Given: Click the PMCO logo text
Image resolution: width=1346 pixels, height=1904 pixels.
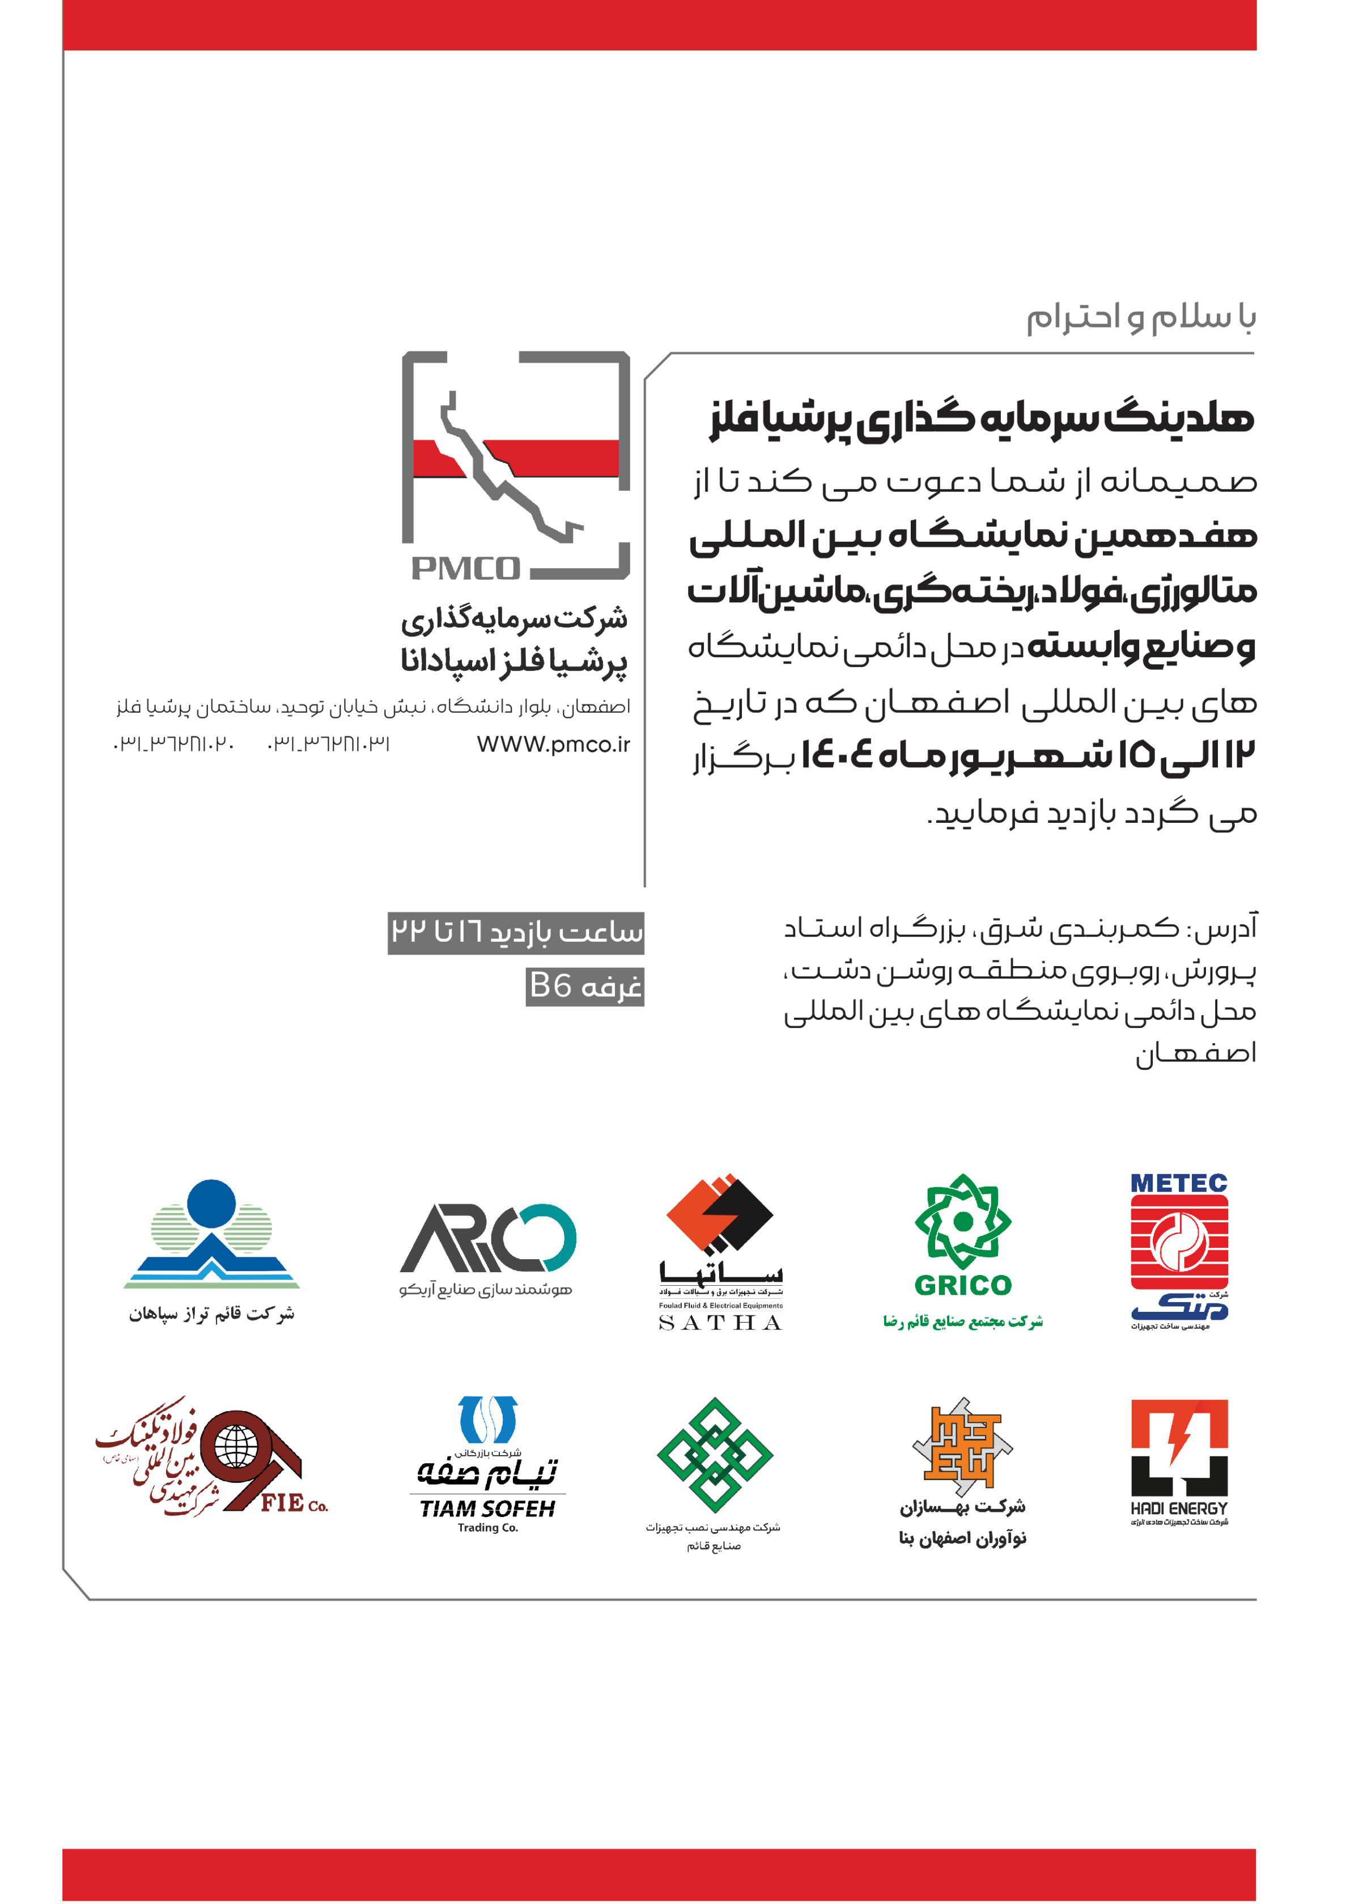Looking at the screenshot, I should point(465,569).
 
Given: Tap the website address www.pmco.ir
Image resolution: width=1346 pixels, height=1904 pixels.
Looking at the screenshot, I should point(553,744).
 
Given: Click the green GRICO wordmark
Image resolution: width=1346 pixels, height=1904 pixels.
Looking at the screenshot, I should point(963,1285).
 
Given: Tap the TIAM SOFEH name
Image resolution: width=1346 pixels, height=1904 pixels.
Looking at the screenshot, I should point(487,1508).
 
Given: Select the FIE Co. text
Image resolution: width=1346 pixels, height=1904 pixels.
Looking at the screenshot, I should point(294,1503).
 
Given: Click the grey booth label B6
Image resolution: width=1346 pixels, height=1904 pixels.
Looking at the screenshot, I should point(585,986).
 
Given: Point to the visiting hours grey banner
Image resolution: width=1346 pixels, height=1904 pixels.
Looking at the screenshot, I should point(516,932).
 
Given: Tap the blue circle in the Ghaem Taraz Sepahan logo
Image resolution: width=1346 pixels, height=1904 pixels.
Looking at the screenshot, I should point(211,1202).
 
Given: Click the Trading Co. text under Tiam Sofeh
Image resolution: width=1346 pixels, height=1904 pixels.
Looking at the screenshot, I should point(487,1528).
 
